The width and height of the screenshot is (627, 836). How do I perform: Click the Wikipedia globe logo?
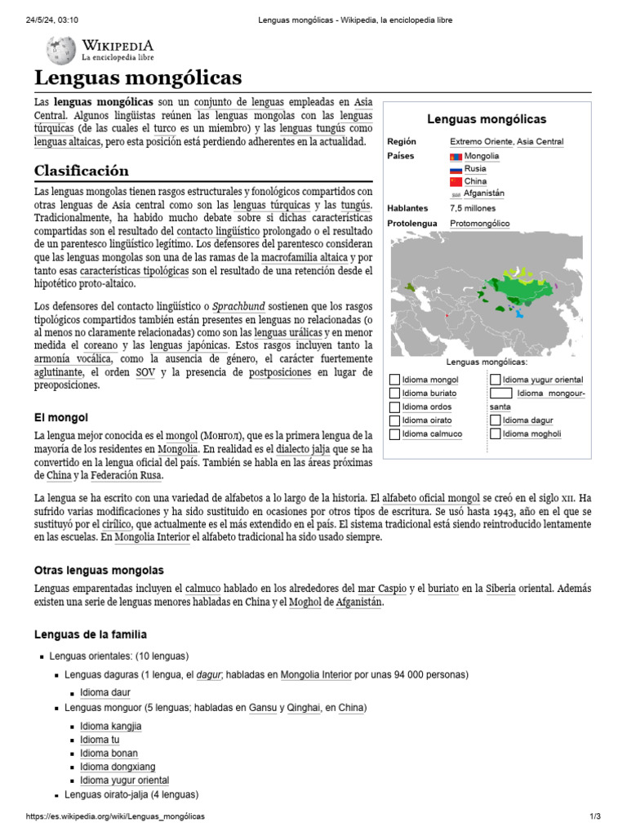point(60,50)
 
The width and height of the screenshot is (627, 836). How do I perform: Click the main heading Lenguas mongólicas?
point(138,78)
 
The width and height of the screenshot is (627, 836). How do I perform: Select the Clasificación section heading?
point(81,171)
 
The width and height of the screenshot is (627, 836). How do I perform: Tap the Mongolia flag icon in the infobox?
point(456,156)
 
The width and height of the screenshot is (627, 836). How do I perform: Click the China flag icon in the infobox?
point(456,181)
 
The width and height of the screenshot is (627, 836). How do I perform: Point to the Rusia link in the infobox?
point(475,168)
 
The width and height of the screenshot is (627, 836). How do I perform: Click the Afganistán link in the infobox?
point(484,193)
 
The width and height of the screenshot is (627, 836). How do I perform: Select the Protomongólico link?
point(479,223)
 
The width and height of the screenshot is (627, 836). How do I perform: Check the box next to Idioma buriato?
point(395,394)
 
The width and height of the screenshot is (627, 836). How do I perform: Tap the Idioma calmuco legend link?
point(432,434)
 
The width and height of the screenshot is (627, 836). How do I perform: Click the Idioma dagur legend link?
point(527,420)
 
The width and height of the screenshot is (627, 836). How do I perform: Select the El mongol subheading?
point(60,417)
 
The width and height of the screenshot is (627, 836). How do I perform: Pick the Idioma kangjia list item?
point(110,726)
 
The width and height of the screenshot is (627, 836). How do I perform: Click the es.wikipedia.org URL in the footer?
point(115,816)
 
